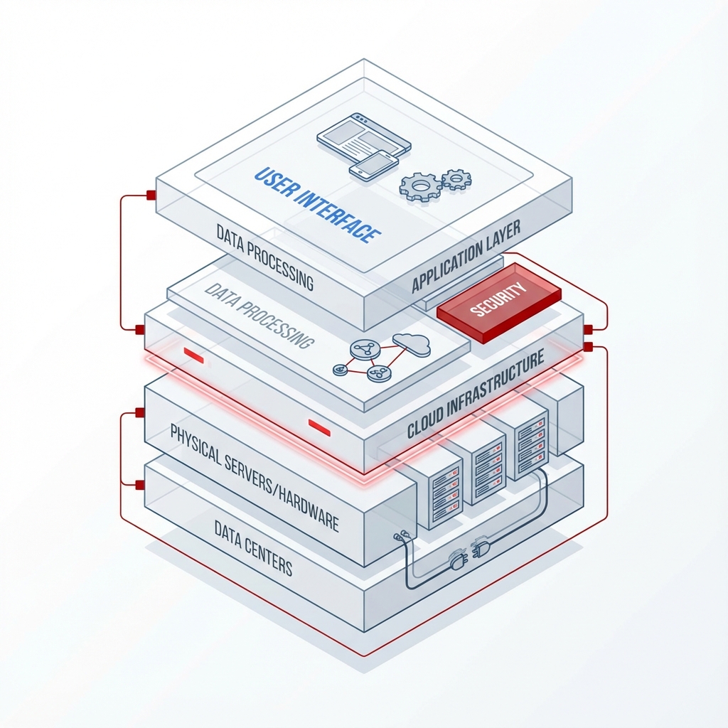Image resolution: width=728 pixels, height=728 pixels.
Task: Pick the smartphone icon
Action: coord(374,165)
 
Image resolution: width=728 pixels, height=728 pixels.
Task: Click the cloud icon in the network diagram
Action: coord(412,344)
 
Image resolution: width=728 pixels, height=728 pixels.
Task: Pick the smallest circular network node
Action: coord(341,370)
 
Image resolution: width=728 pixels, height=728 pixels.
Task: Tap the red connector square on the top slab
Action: coord(151,195)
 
